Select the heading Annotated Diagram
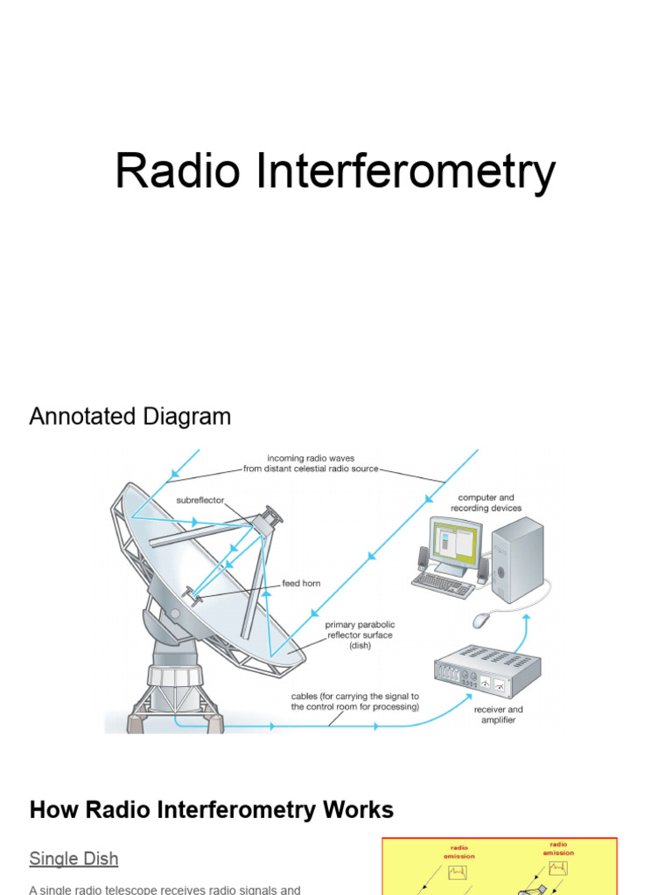130,417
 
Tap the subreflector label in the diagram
200,501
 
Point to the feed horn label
301,583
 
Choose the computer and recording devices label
487,503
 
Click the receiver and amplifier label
499,714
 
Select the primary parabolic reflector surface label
360,635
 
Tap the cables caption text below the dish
354,702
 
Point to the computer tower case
516,559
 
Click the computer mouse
482,620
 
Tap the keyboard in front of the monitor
443,584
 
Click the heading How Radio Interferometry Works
211,810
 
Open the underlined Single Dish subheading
73,858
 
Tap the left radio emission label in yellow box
458,851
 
